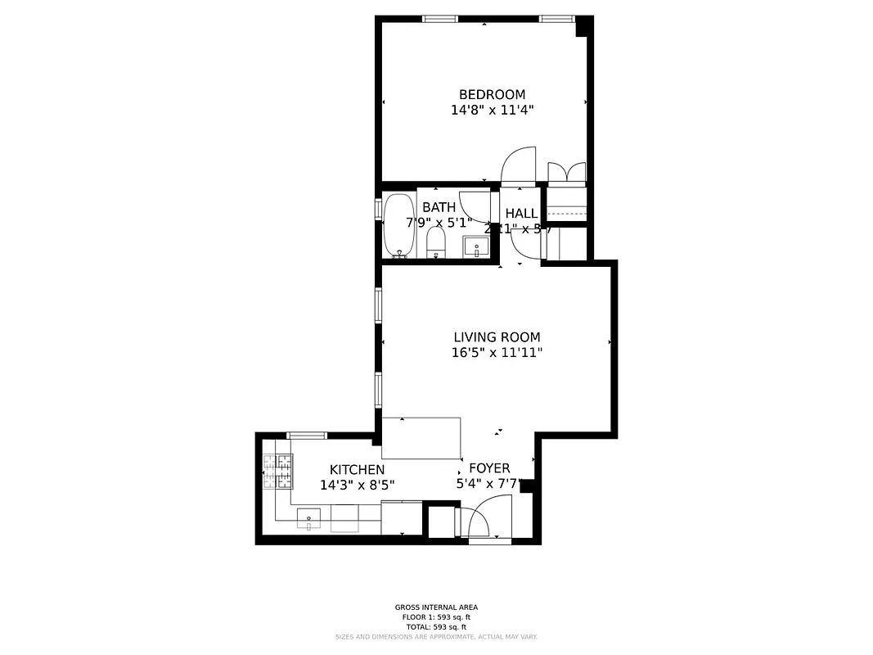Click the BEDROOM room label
pos(492,94)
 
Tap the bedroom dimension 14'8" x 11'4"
pos(492,110)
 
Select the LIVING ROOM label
pos(497,337)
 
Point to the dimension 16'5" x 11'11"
pos(497,353)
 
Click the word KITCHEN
pos(357,469)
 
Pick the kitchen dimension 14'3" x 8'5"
pos(357,485)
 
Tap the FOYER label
pos(489,468)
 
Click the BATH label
pos(439,207)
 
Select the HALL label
pos(521,214)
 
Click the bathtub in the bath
pos(399,226)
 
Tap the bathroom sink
pos(475,246)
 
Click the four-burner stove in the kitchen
pos(277,472)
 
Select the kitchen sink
pos(308,519)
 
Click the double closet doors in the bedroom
pos(566,172)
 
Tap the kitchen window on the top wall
pos(307,435)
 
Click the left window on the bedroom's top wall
pos(439,18)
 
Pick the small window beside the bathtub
pos(378,208)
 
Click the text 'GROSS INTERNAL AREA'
pos(436,607)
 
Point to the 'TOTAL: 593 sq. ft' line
pos(436,626)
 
